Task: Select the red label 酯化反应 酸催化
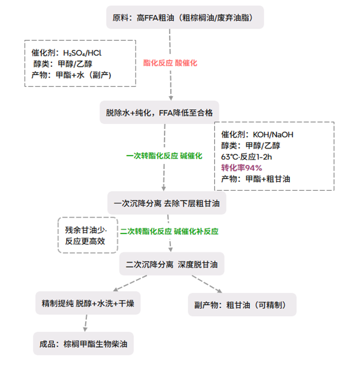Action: click(x=170, y=63)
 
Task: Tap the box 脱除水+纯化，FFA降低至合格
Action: click(x=159, y=112)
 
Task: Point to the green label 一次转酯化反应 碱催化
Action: click(x=164, y=156)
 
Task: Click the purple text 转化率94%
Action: click(x=241, y=167)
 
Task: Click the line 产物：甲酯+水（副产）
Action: click(x=71, y=76)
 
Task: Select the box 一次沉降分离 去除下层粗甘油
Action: click(x=167, y=204)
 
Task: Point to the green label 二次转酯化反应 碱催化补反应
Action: click(x=169, y=232)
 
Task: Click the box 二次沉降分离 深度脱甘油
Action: click(x=172, y=263)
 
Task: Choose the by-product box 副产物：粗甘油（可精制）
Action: click(x=242, y=304)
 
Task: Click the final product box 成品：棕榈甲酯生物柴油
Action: click(x=84, y=344)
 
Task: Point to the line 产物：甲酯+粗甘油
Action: click(x=255, y=179)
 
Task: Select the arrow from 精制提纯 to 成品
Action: click(x=85, y=323)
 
